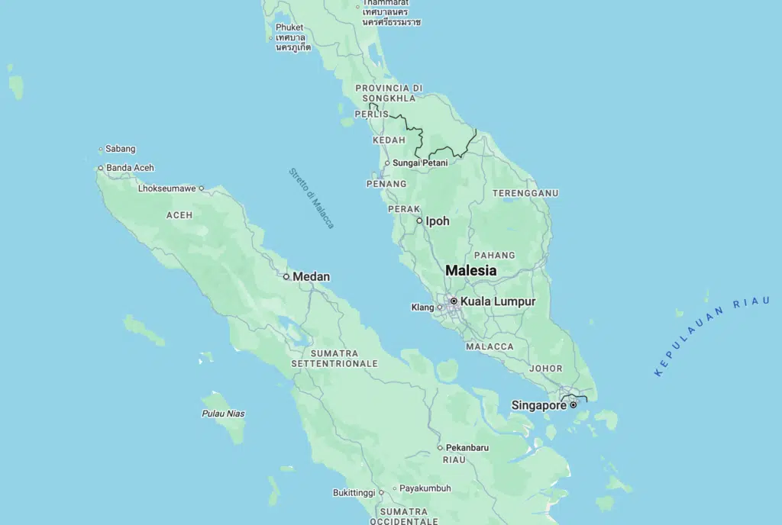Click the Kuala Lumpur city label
497,301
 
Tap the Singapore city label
538,405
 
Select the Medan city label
312,276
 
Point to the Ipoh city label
438,221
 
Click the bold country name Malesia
470,270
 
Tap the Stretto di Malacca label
312,198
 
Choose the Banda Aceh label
130,168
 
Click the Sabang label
121,149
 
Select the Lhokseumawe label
167,188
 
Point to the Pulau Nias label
223,414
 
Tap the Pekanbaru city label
467,447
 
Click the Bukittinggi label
354,493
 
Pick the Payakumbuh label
425,488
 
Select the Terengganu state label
525,193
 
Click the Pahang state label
494,255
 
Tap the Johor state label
546,368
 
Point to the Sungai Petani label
419,163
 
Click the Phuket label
289,27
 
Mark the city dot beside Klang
439,308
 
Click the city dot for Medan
286,276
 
